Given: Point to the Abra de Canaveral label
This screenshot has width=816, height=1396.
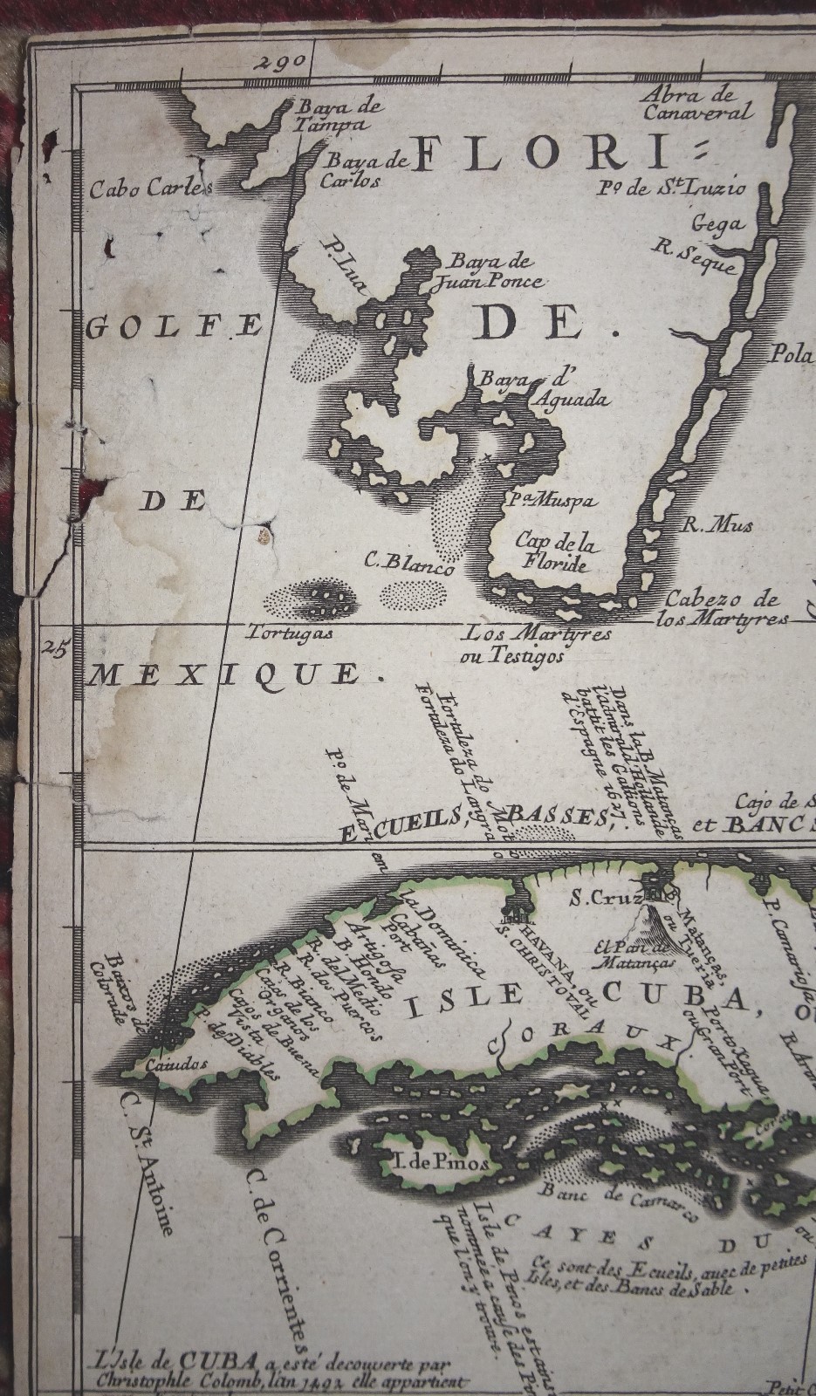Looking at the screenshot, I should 696,104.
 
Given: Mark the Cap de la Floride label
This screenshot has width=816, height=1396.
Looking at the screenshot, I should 552,552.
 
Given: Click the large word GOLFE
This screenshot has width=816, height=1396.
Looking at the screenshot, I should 174,327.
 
